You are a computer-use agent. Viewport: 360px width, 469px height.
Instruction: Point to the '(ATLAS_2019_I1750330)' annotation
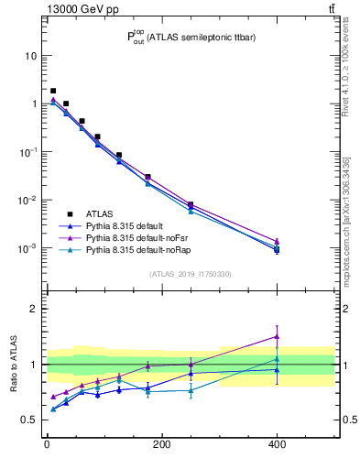tap(190, 274)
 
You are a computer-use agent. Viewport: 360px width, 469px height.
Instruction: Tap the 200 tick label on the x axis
tap(161, 445)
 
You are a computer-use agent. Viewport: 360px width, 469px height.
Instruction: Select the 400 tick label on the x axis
tap(276, 445)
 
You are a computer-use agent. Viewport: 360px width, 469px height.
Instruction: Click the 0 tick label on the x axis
tap(47, 445)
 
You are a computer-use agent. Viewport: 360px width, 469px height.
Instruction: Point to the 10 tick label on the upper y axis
tap(30, 56)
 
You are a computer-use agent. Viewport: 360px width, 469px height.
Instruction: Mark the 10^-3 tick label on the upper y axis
tap(27, 248)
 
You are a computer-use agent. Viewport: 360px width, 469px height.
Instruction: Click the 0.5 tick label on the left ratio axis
tap(27, 420)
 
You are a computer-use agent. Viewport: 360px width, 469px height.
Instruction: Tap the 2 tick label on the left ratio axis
tap(33, 309)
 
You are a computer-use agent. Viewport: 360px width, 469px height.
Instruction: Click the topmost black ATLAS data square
tap(53, 91)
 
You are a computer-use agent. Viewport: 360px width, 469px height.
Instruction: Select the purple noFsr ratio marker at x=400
tap(277, 336)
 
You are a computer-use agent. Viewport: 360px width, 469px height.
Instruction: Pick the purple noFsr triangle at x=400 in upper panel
tap(277, 241)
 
